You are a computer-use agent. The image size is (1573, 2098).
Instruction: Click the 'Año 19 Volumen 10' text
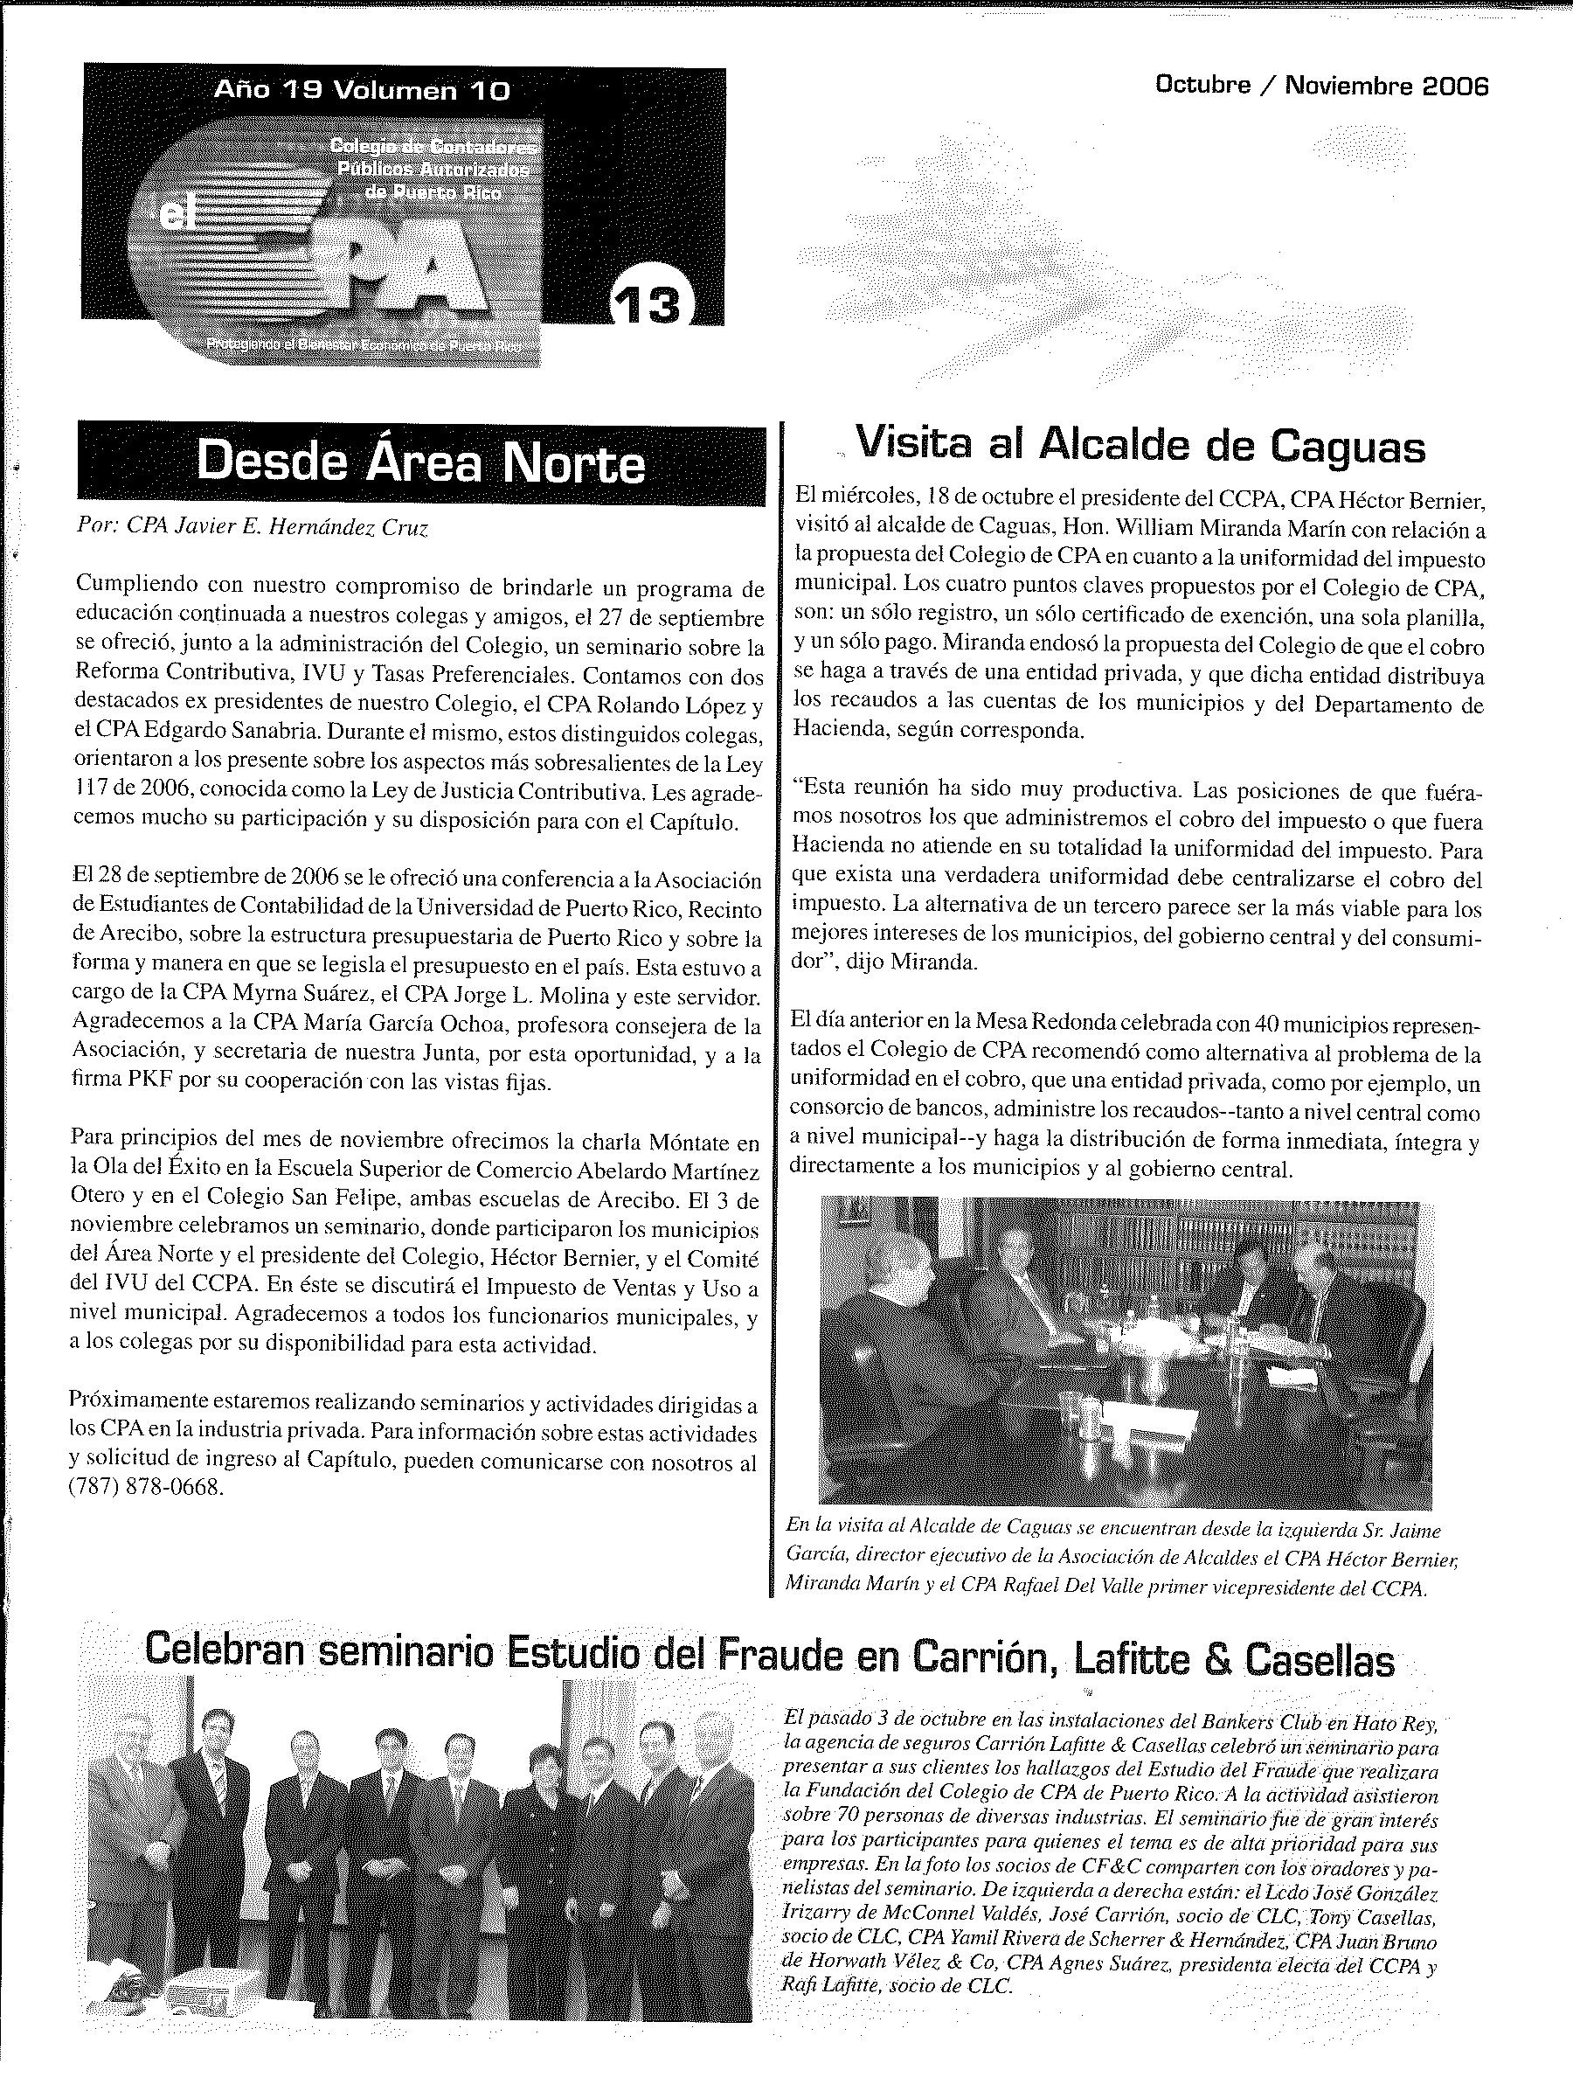[362, 91]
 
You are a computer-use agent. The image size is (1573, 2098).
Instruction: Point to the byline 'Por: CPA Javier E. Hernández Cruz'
[253, 529]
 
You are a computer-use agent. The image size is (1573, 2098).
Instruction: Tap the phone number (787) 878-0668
[147, 1488]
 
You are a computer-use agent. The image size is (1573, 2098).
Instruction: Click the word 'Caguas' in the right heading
[1348, 446]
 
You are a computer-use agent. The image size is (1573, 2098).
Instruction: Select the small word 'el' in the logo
[176, 216]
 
